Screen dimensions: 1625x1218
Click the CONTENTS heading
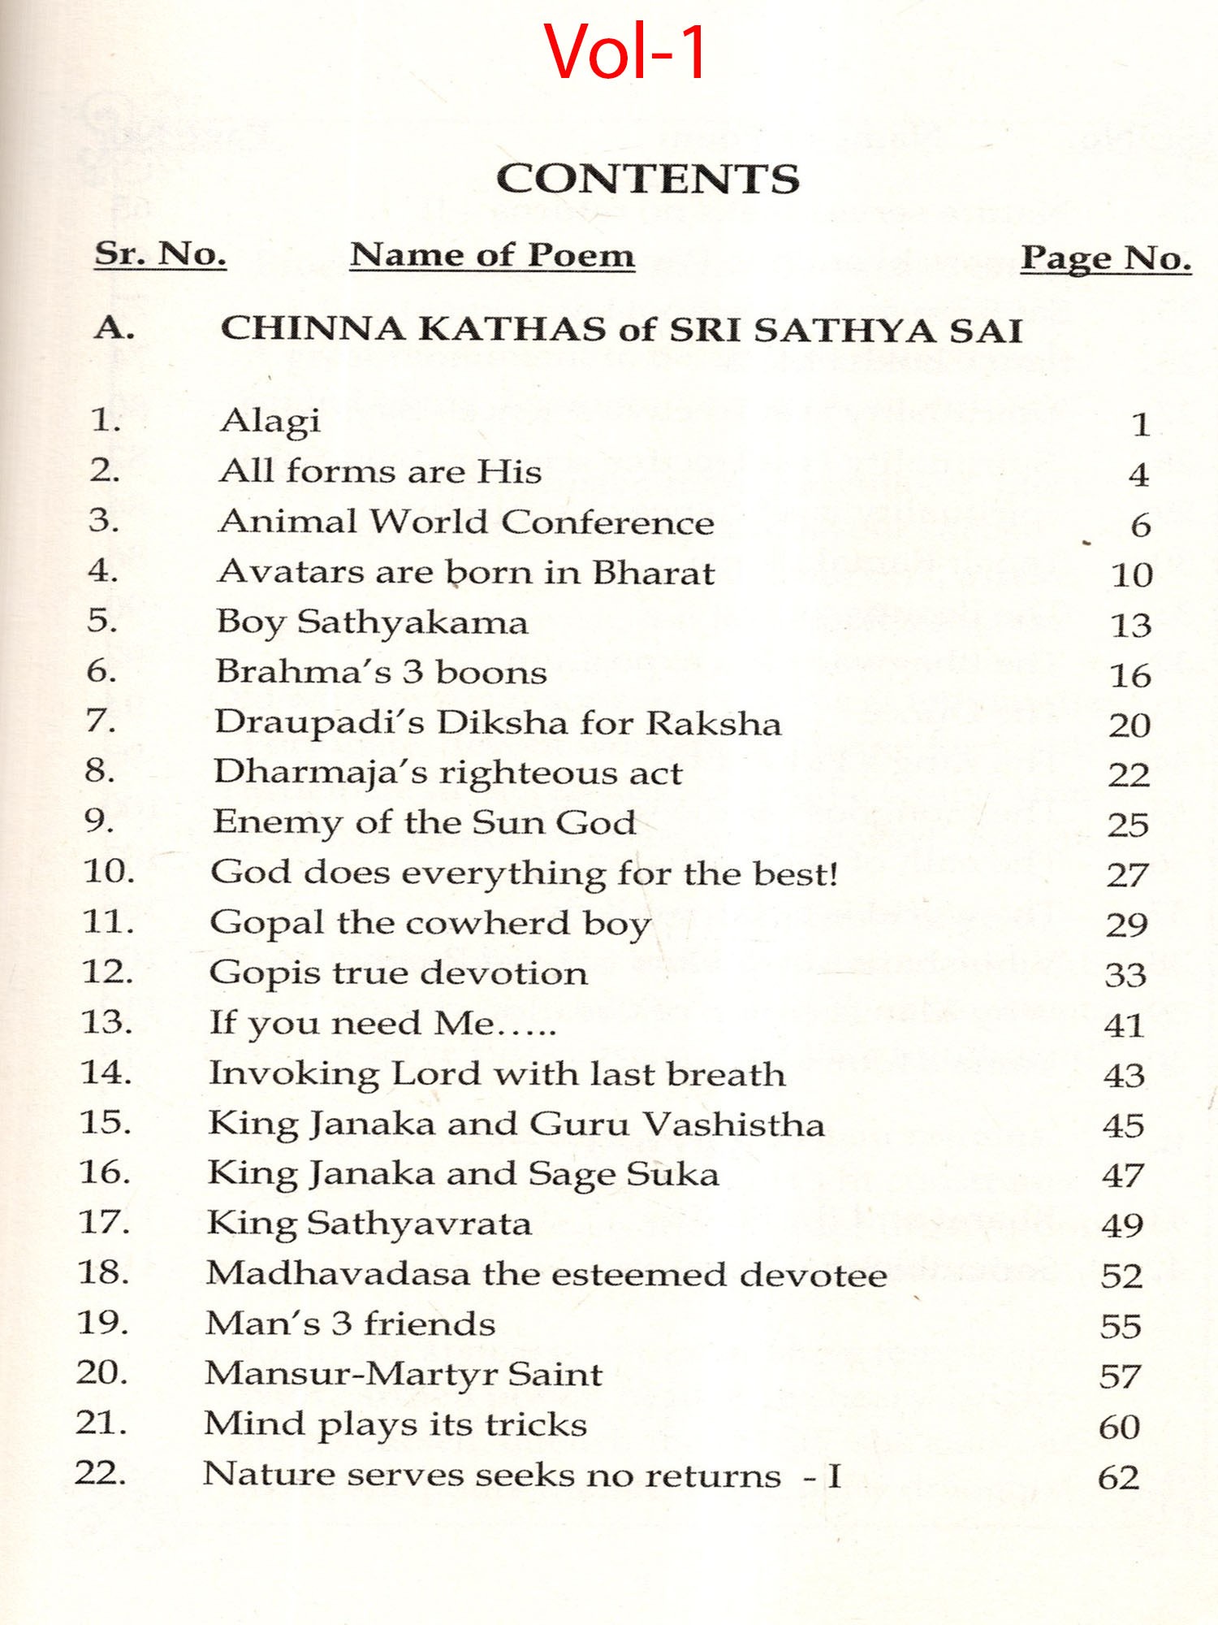tap(647, 179)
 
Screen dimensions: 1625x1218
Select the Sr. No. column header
tap(160, 253)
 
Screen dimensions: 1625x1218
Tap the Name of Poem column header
tap(492, 255)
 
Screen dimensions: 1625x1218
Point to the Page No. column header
tap(1105, 258)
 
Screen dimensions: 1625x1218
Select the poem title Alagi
tap(270, 422)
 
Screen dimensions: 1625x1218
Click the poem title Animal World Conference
tap(466, 522)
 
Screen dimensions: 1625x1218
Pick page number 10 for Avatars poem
tap(1131, 575)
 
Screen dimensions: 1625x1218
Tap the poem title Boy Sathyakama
tap(372, 623)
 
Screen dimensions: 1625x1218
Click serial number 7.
tap(101, 721)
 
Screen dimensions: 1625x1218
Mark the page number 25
tap(1128, 825)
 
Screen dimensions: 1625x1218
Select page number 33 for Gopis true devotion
tap(1125, 975)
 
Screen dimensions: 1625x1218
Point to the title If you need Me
tap(382, 1024)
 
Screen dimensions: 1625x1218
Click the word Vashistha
tap(733, 1125)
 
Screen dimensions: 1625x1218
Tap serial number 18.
tap(103, 1272)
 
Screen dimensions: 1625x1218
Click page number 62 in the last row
tap(1118, 1477)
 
